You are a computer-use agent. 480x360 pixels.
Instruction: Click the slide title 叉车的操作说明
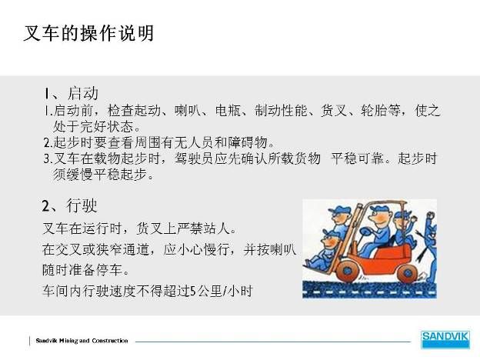pyautogui.click(x=88, y=33)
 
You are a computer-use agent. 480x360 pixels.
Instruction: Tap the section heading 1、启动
pyautogui.click(x=71, y=93)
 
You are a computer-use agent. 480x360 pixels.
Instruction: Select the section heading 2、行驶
pyautogui.click(x=70, y=205)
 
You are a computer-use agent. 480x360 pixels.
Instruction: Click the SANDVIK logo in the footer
pyautogui.click(x=445, y=339)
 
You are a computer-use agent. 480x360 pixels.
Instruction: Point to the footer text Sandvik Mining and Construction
pyautogui.click(x=82, y=341)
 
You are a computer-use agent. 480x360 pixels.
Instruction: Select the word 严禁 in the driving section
pyautogui.click(x=191, y=228)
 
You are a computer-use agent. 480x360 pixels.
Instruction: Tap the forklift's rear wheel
pyautogui.click(x=408, y=273)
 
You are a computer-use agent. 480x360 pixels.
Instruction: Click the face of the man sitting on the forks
pyautogui.click(x=329, y=243)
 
